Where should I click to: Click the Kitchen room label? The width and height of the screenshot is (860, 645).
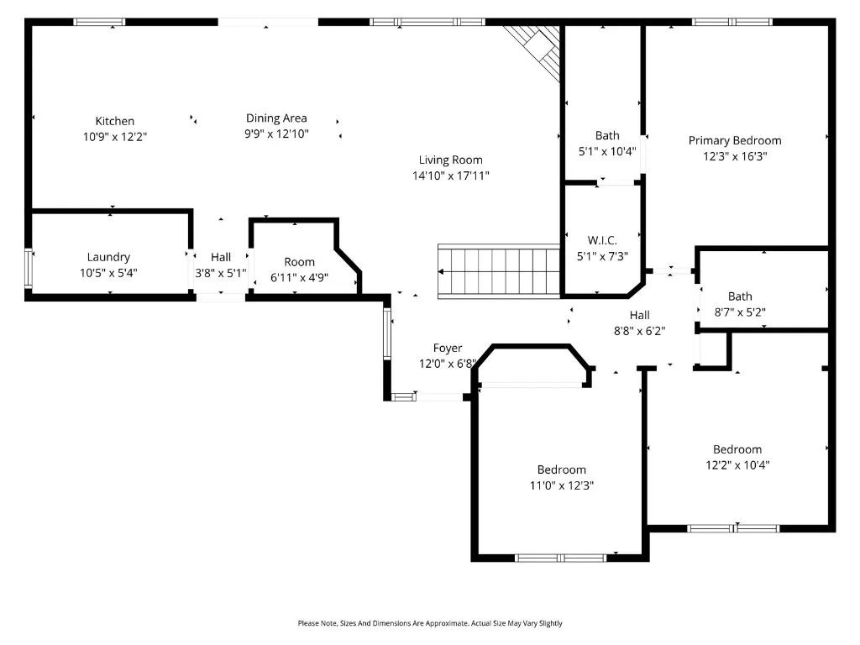tap(114, 121)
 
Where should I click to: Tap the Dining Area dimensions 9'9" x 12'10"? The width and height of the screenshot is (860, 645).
tap(276, 134)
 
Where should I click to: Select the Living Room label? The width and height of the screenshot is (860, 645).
tap(451, 160)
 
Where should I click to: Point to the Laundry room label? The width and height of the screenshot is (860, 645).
tap(108, 257)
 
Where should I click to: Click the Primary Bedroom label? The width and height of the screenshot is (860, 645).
tap(735, 141)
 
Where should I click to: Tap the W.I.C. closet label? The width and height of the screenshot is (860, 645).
tap(602, 240)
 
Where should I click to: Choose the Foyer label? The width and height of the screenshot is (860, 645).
tap(448, 349)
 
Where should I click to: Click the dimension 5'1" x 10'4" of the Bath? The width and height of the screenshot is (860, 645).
tap(607, 151)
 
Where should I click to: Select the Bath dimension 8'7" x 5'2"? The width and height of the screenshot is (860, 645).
tap(740, 312)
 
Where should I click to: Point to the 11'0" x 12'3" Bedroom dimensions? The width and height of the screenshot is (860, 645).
tap(562, 485)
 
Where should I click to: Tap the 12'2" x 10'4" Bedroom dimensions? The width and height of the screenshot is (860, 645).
tap(737, 465)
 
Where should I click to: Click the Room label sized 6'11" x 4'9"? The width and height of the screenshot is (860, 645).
tap(300, 262)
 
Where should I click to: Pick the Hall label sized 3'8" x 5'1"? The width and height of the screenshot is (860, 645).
tap(221, 257)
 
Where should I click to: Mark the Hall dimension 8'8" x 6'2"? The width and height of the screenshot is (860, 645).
tap(639, 331)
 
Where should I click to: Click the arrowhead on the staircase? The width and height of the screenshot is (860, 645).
tap(441, 271)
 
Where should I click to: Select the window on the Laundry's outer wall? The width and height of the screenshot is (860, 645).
tap(29, 268)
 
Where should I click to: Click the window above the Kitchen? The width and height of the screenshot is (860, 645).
tap(99, 22)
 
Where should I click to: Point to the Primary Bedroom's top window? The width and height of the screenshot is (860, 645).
tap(732, 22)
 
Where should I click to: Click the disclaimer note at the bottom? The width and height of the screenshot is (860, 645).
tap(430, 623)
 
